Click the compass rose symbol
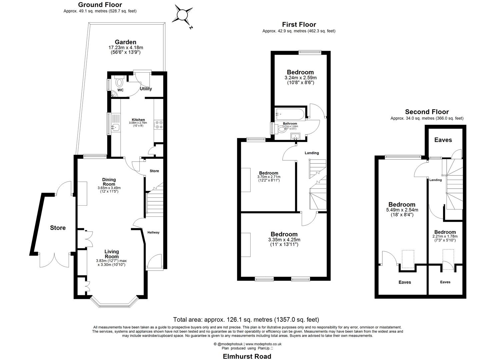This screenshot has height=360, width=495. coord(183,15)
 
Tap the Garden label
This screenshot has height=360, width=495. coord(125,42)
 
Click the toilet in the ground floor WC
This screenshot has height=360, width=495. coord(119,82)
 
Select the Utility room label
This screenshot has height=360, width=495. coord(146,89)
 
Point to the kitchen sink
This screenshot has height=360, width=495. coord(115,127)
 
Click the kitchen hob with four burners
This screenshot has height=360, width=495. coord(158,124)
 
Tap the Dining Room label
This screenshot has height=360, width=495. coord(109,182)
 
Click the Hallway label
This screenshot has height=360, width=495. coord(154,232)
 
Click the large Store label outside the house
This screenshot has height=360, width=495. coord(58,228)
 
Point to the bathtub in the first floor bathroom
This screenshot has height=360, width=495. coord(289,114)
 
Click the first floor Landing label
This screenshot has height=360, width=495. coord(312,153)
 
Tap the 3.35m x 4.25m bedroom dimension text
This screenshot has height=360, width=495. coord(284,240)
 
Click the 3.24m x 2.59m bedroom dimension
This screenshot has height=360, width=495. coord(300,78)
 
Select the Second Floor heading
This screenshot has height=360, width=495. coord(427,112)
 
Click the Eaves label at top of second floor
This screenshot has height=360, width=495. coord(443,140)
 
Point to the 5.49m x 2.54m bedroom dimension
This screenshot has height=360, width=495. coord(402,210)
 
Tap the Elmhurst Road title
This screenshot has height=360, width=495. coord(247,356)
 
